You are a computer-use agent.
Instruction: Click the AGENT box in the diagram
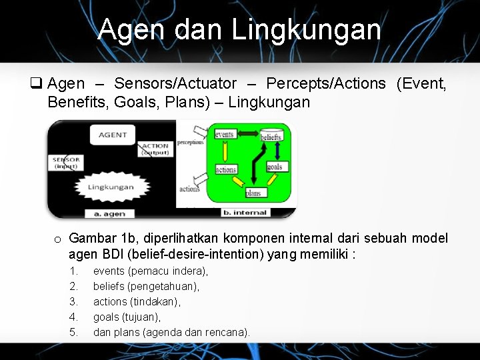coord(113,135)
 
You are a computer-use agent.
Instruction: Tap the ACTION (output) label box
coord(155,149)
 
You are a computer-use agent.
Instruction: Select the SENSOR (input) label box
coord(67,163)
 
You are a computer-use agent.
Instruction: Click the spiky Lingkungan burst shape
coord(111,187)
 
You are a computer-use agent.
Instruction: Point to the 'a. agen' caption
coord(109,213)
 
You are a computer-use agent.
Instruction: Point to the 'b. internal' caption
coord(247,213)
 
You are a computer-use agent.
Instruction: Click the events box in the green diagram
coord(225,135)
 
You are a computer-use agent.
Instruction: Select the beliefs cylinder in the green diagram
coord(271,135)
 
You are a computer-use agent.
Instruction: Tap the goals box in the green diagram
coord(275,167)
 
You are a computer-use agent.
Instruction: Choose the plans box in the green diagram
coord(253,193)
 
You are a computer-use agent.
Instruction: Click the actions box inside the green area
coord(226,169)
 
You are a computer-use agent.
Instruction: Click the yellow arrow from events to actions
coord(225,152)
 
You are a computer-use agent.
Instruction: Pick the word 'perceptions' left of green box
coord(191,143)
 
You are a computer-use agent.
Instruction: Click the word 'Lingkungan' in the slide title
coord(306,31)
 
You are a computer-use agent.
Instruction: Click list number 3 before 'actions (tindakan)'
coord(74,301)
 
